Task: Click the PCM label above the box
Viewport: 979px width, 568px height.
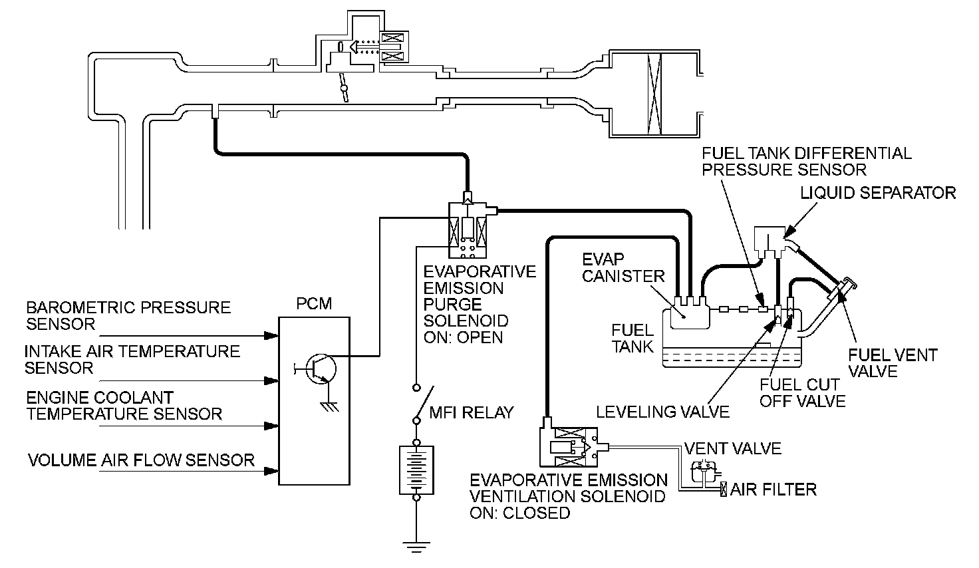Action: tap(314, 304)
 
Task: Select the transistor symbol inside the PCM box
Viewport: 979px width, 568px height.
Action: tap(321, 369)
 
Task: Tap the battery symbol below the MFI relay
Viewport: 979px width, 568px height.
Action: tap(416, 470)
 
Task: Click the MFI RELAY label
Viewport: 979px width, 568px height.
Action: tap(471, 412)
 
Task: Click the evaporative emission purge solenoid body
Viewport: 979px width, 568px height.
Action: tap(468, 230)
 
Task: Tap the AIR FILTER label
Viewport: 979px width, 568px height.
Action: tap(773, 490)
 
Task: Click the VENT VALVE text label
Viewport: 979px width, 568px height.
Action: tap(732, 449)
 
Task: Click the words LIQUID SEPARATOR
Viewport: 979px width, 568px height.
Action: tap(878, 193)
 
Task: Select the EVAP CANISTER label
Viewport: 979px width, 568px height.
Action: tap(623, 268)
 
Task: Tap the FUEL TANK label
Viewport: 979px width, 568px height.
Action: tap(632, 338)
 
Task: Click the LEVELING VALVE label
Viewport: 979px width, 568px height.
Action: tap(662, 412)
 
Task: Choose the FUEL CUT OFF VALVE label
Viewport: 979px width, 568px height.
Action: tap(803, 393)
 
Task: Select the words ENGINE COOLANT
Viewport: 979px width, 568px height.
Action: tap(100, 398)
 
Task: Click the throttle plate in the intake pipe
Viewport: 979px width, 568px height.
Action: tap(344, 88)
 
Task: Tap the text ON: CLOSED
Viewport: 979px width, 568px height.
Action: tap(519, 513)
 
